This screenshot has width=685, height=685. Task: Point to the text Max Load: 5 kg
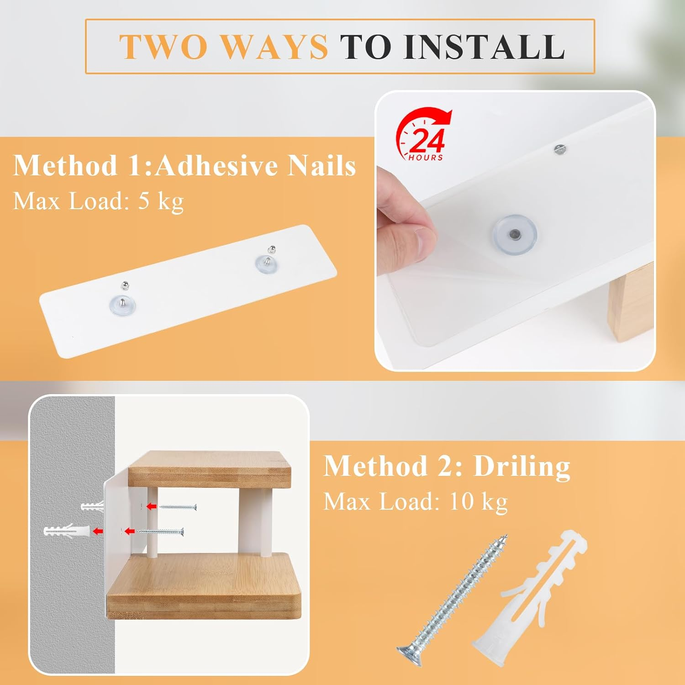coord(98,201)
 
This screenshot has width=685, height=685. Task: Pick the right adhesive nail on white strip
coord(266,260)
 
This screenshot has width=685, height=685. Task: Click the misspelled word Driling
coord(522,467)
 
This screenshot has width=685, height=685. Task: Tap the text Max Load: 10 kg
coord(415,502)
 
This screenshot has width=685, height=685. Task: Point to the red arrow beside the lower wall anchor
coord(97,531)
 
